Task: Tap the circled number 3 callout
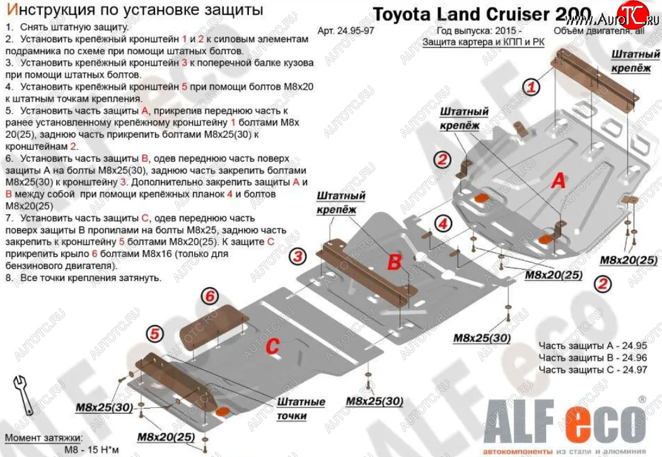pyautogui.click(x=298, y=256)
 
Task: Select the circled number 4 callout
pyautogui.click(x=443, y=223)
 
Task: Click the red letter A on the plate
pyautogui.click(x=557, y=182)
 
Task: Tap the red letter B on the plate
pyautogui.click(x=394, y=263)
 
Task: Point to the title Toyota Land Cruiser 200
pyautogui.click(x=482, y=14)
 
